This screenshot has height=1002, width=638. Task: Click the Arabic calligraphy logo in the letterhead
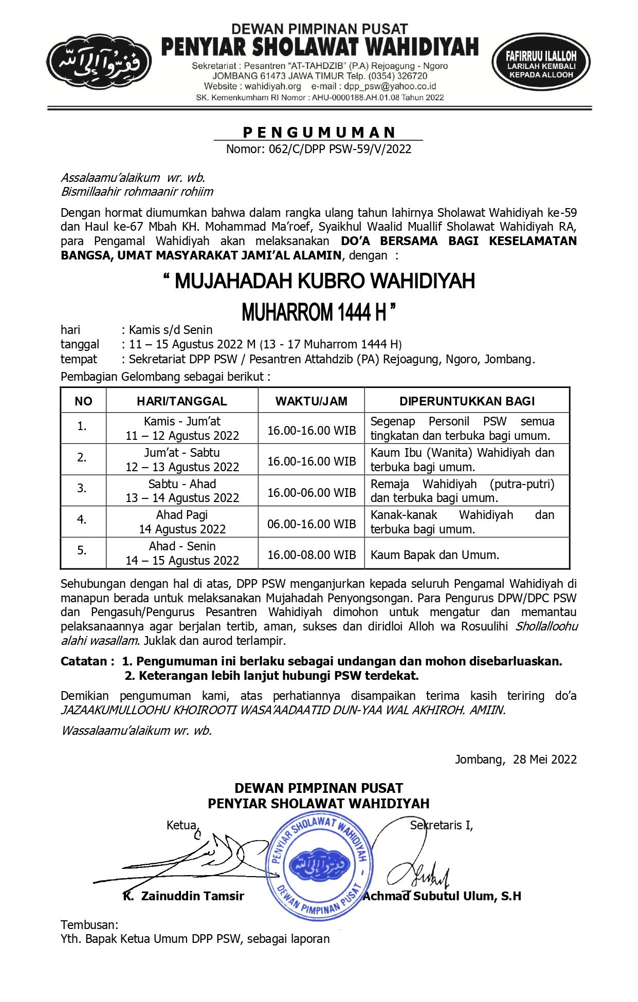point(99,63)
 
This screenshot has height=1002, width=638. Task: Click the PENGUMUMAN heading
point(319,133)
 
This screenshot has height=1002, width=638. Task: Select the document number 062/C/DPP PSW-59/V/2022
point(319,149)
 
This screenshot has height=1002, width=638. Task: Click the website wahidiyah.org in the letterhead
point(272,86)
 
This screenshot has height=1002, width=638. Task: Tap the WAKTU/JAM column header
point(311,401)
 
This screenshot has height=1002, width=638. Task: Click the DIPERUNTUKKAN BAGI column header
point(467,401)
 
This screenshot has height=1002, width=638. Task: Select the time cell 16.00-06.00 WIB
point(311,493)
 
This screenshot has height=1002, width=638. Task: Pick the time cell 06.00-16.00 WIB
point(311,524)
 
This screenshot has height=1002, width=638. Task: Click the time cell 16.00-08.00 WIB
point(311,555)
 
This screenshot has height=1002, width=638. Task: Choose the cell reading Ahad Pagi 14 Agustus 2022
point(182,522)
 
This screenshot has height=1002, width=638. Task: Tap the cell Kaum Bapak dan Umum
point(434,555)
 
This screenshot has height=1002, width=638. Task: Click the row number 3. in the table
point(82,488)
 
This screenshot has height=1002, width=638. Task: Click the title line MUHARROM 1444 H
point(319,312)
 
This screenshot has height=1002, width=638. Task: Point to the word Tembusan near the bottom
point(88,925)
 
